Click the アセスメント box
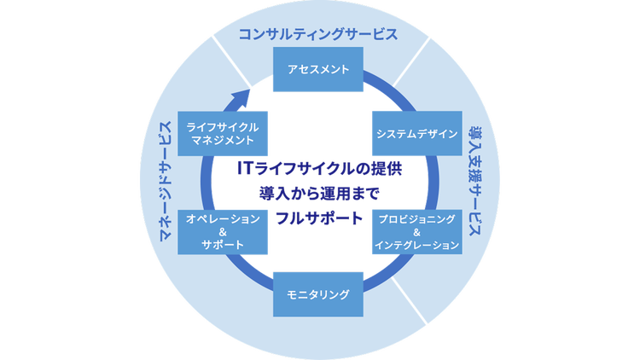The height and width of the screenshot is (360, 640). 318,69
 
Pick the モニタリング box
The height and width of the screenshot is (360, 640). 319,294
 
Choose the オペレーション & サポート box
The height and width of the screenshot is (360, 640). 222,231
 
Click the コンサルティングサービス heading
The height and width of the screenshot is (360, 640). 318,35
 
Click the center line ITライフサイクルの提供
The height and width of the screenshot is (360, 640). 318,167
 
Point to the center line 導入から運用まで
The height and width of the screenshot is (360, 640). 318,193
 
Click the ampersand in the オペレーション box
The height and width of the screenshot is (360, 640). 222,231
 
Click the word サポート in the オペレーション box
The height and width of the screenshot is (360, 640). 222,245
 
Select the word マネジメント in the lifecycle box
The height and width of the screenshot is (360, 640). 222,140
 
